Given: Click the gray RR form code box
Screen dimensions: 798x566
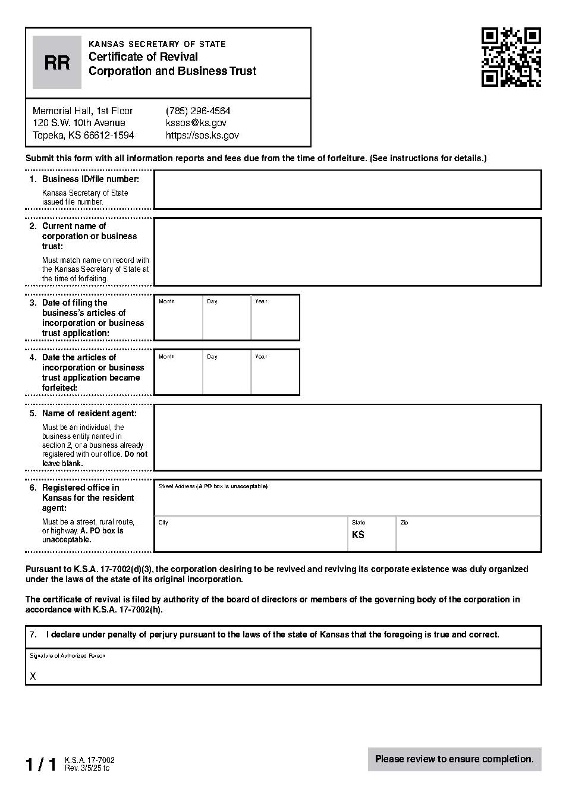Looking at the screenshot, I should pyautogui.click(x=56, y=62).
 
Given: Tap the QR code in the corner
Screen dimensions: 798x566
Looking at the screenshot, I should pyautogui.click(x=511, y=57).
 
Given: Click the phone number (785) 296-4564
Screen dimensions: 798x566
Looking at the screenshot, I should pyautogui.click(x=198, y=111).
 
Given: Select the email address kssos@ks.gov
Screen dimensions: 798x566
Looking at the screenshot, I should pyautogui.click(x=196, y=123).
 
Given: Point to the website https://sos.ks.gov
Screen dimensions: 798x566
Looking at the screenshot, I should pyautogui.click(x=202, y=136).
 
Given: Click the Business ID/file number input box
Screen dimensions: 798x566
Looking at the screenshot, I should pyautogui.click(x=347, y=190).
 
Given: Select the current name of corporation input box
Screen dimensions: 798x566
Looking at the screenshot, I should pyautogui.click(x=347, y=252).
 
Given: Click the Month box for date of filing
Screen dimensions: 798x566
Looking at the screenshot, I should pyautogui.click(x=178, y=320).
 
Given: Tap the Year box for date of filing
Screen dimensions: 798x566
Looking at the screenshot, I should pyautogui.click(x=275, y=320).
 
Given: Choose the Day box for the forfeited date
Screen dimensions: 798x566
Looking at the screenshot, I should pyautogui.click(x=227, y=375).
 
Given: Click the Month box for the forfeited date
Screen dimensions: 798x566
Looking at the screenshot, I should pyautogui.click(x=178, y=375).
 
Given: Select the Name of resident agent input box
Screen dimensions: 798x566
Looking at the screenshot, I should pyautogui.click(x=347, y=438).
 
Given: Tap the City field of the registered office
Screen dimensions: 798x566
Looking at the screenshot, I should pyautogui.click(x=251, y=536).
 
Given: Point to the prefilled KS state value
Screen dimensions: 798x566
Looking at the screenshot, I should pyautogui.click(x=358, y=535).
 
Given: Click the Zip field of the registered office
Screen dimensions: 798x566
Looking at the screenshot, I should pyautogui.click(x=468, y=536).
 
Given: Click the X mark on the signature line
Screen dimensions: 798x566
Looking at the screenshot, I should pyautogui.click(x=33, y=677).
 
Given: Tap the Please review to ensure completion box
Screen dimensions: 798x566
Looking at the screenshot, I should pyautogui.click(x=454, y=759).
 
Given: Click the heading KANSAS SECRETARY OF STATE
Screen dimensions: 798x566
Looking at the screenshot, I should pyautogui.click(x=157, y=44).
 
